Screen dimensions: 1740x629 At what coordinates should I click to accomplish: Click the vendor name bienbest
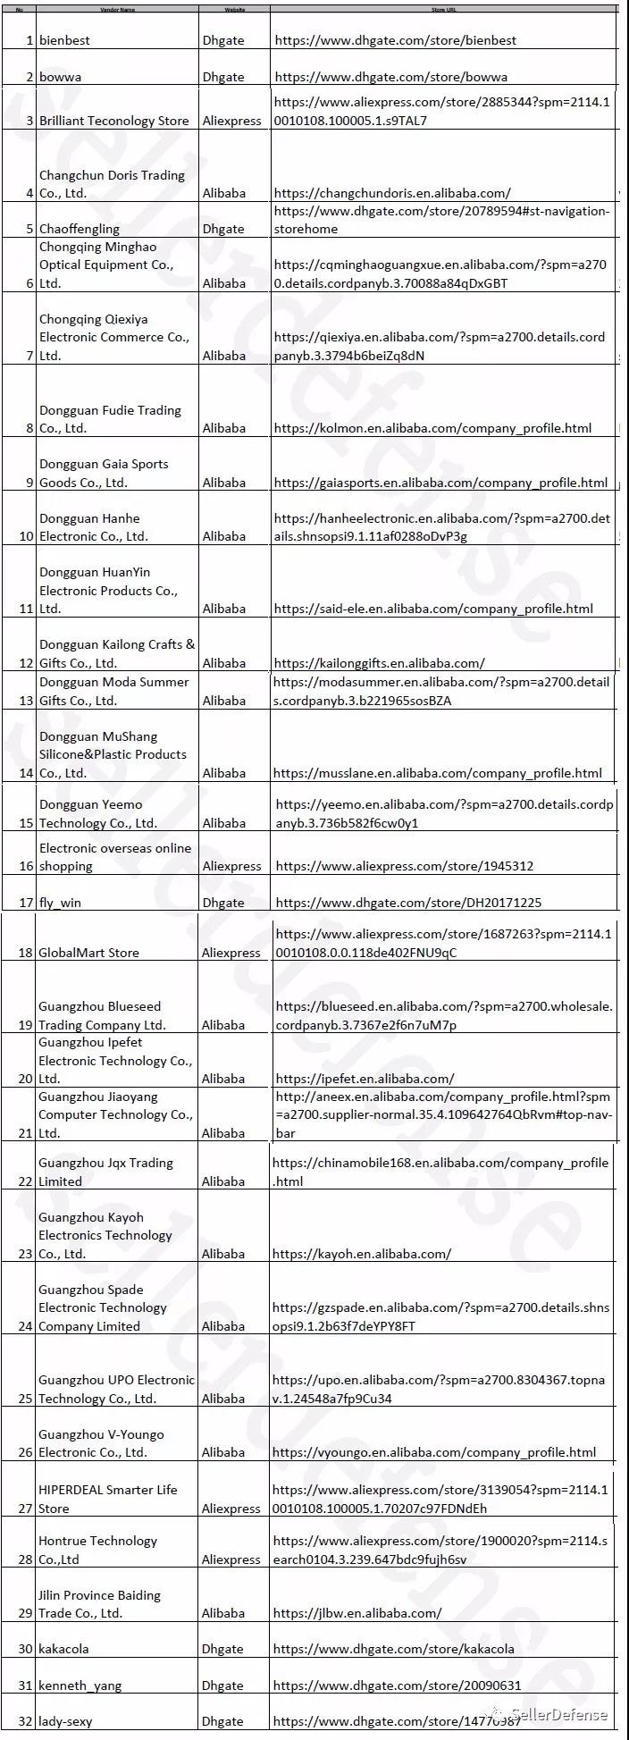pyautogui.click(x=64, y=40)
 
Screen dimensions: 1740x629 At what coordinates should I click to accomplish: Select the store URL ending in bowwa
pyautogui.click(x=390, y=77)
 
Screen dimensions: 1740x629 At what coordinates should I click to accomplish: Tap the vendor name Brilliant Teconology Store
pyautogui.click(x=113, y=121)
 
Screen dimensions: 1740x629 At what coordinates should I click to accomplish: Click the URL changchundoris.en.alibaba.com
pyautogui.click(x=392, y=193)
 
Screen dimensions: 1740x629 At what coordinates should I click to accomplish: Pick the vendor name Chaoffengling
pyautogui.click(x=79, y=229)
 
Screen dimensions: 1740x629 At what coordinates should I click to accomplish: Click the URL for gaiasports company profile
pyautogui.click(x=440, y=483)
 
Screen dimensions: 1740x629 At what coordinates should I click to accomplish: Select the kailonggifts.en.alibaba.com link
pyautogui.click(x=379, y=663)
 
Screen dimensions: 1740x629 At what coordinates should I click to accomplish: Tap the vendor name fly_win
pyautogui.click(x=60, y=903)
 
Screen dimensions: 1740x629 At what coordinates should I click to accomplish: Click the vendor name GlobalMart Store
pyautogui.click(x=88, y=953)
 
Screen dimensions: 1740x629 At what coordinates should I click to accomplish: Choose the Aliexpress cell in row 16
pyautogui.click(x=231, y=866)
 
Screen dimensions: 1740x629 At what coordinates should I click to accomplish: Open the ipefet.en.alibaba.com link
pyautogui.click(x=365, y=1079)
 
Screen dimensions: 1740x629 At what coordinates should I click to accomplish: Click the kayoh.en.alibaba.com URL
pyautogui.click(x=362, y=1254)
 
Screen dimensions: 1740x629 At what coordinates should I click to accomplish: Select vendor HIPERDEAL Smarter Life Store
pyautogui.click(x=107, y=1499)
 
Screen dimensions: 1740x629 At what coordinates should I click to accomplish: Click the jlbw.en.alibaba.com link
pyautogui.click(x=357, y=1613)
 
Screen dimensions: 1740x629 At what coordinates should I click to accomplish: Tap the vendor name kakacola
pyautogui.click(x=63, y=1649)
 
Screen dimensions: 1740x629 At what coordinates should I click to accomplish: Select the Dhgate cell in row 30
pyautogui.click(x=222, y=1649)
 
